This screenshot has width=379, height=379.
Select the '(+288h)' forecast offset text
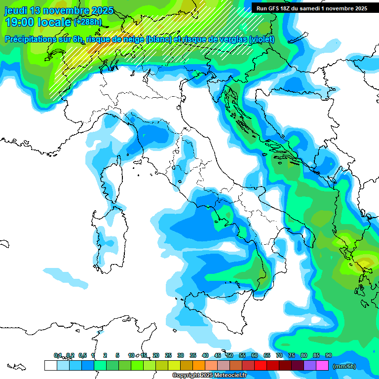coord(88,22)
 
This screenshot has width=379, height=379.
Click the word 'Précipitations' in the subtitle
coord(30,39)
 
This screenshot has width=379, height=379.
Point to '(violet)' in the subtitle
coord(262,39)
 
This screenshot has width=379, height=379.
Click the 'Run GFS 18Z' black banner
coord(311,8)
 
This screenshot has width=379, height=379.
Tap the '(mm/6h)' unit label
coord(344,366)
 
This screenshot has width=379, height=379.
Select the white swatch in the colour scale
coord(50,365)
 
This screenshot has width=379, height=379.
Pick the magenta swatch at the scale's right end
coord(322,365)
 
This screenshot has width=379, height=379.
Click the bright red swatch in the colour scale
coord(261,365)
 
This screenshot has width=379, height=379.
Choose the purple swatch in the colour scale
coord(310,365)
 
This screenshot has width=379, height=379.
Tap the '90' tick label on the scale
coord(329,355)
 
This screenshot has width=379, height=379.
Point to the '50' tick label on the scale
coord(230,355)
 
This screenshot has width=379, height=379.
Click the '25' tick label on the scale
coord(168,355)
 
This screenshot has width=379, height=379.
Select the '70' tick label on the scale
coord(279,355)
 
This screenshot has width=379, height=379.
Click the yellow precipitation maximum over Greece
coord(366,261)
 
